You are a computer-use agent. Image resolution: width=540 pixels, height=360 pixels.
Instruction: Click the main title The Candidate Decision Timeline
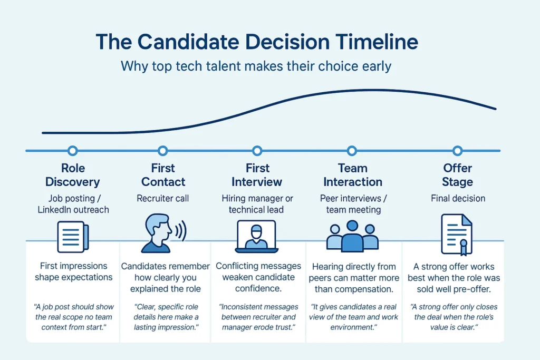click(x=256, y=43)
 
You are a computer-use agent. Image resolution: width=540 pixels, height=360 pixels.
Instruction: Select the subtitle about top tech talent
click(x=256, y=67)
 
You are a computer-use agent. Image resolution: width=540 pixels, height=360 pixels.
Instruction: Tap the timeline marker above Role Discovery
click(x=72, y=151)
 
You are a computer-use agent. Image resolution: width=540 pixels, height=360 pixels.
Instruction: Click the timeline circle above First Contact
click(x=162, y=151)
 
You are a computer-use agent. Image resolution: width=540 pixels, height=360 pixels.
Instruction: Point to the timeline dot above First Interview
click(x=257, y=151)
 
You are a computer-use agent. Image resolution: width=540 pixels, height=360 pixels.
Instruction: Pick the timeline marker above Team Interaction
click(x=352, y=151)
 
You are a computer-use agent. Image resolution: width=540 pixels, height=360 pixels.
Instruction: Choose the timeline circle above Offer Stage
click(x=457, y=151)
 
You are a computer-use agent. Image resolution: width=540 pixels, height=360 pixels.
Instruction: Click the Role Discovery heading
click(x=72, y=175)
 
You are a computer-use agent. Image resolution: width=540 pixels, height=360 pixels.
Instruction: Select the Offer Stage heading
click(x=457, y=175)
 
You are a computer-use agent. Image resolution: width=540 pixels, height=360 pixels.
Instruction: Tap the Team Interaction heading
click(x=352, y=175)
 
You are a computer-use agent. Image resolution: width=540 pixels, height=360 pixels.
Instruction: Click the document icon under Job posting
click(x=73, y=237)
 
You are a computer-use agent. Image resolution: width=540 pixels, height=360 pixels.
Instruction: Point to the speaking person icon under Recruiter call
click(x=158, y=234)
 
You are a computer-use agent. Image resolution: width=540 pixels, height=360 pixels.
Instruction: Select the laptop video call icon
click(x=257, y=236)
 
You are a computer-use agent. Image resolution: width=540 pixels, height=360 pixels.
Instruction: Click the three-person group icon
click(x=352, y=237)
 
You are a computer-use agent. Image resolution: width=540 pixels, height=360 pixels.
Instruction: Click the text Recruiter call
click(x=162, y=199)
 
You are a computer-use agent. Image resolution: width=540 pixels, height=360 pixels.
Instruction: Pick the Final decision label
click(x=457, y=199)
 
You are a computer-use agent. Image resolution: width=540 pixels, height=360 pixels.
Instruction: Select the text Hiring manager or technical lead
click(x=257, y=204)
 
